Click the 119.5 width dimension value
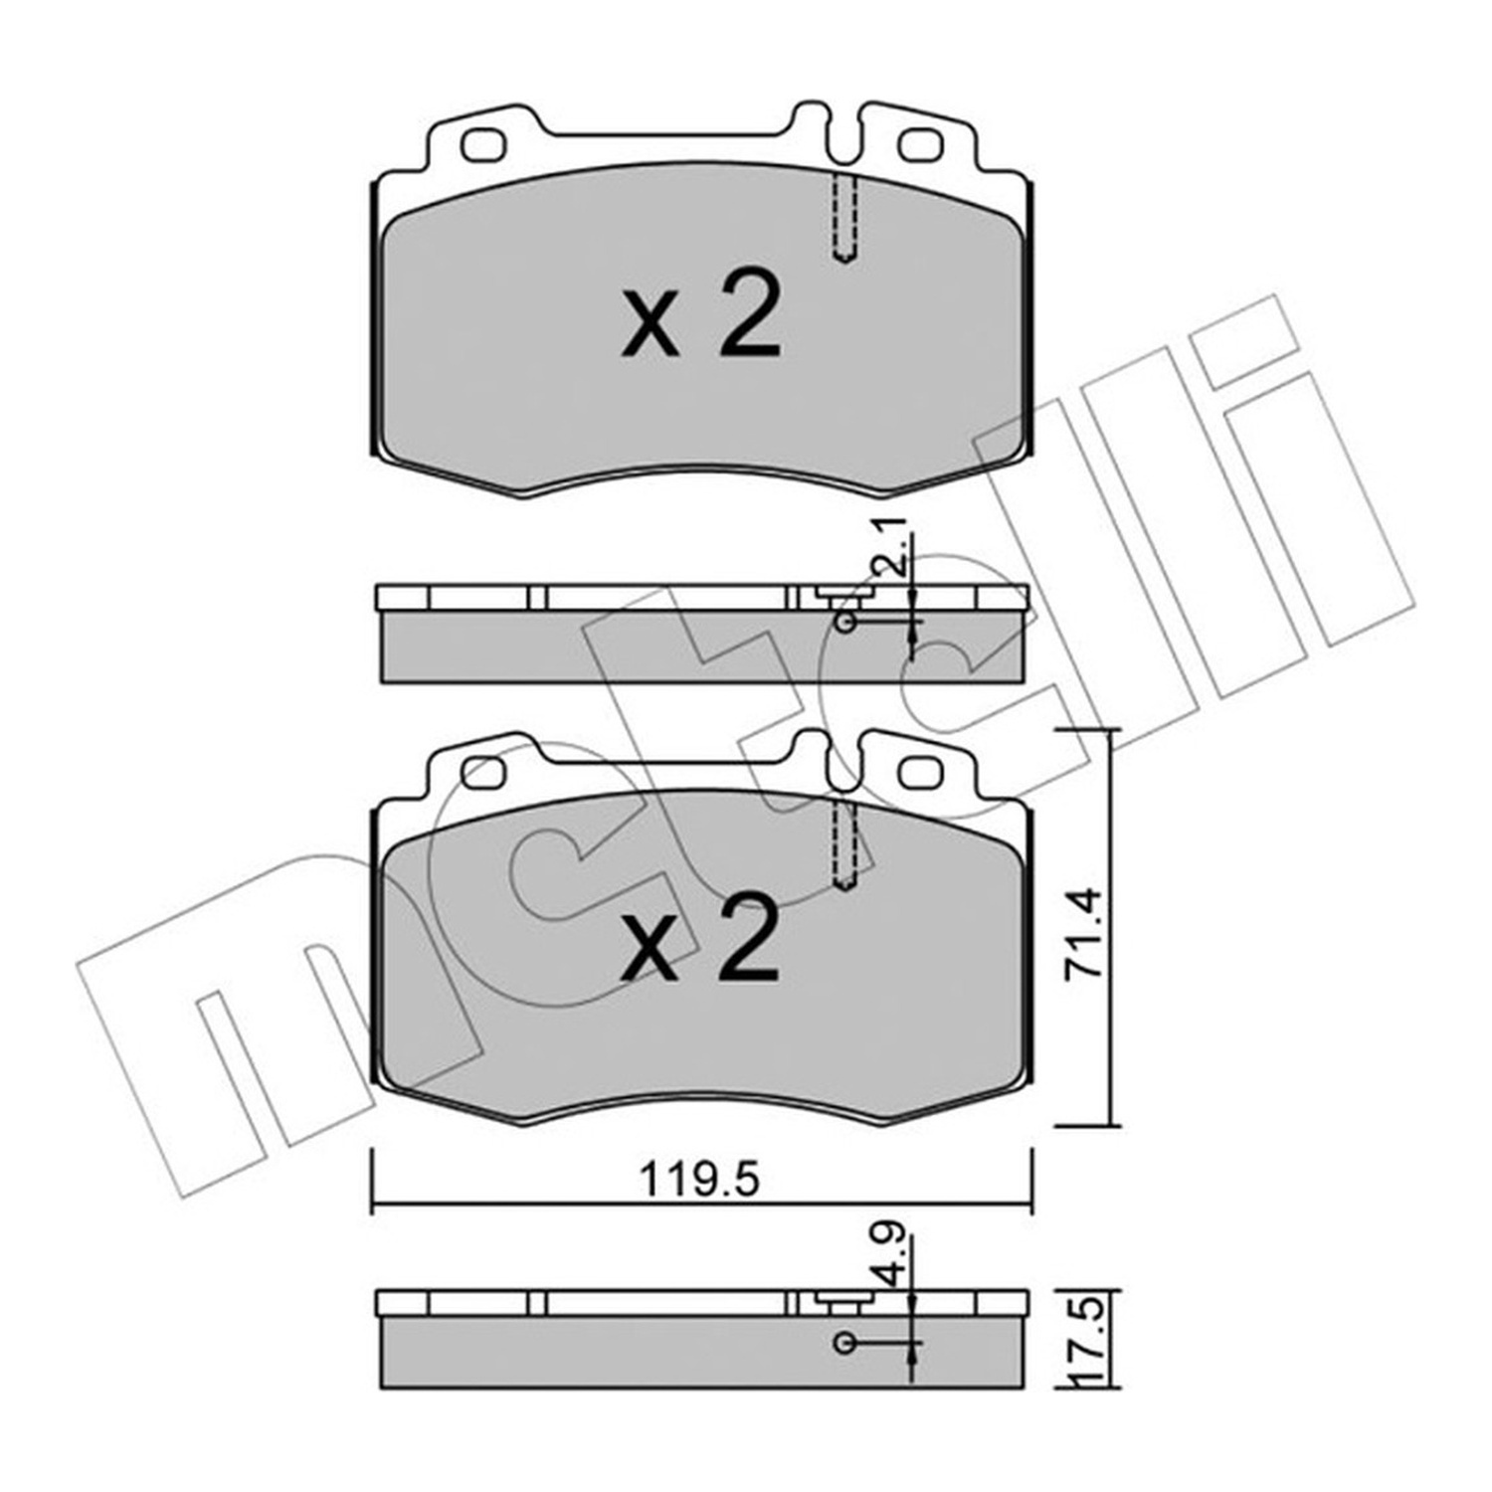click(699, 1181)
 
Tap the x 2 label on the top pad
click(701, 316)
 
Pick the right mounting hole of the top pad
click(920, 146)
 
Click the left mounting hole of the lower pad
click(484, 772)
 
